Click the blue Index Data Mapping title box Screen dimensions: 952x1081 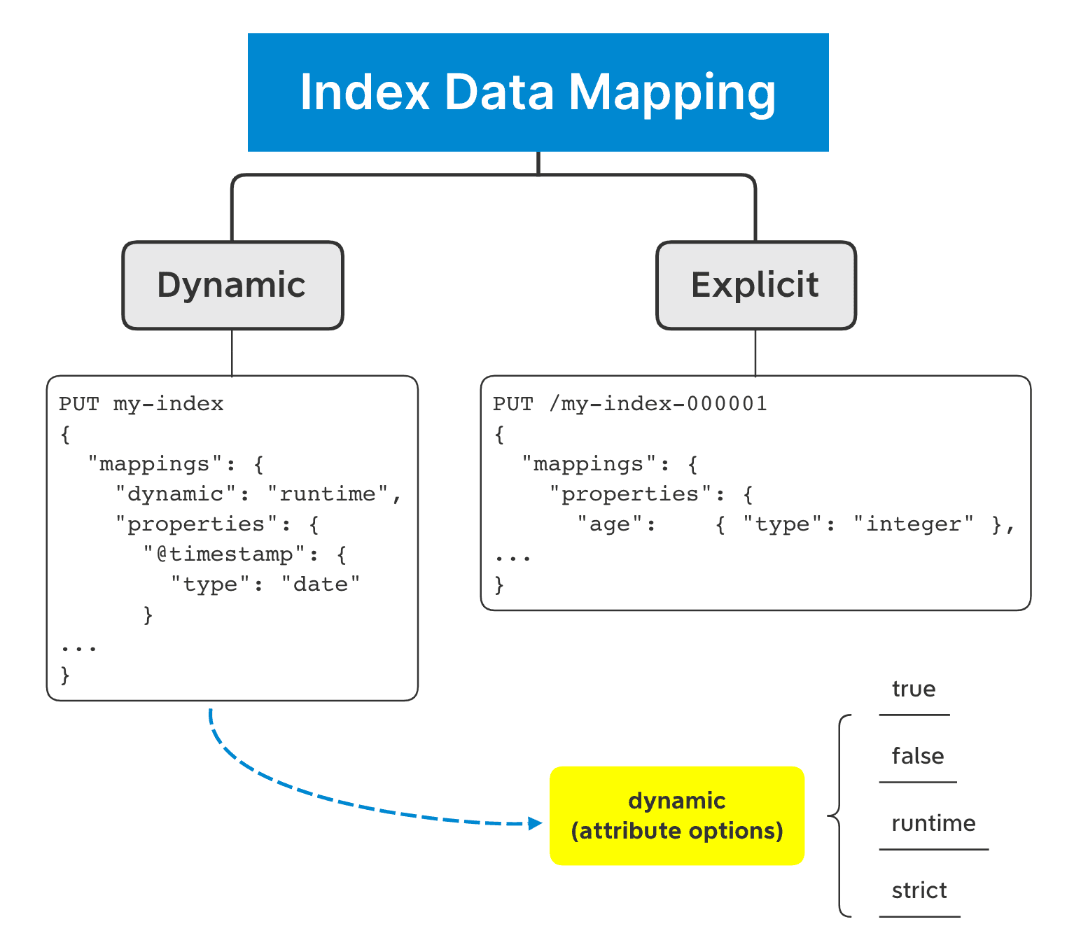point(538,92)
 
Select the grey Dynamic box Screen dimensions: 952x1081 point(232,286)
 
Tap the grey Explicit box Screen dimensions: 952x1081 point(755,286)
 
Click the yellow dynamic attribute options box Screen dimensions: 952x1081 point(677,815)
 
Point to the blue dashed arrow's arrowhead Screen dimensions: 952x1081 point(536,823)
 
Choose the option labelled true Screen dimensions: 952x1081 point(914,689)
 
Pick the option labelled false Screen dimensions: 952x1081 point(917,757)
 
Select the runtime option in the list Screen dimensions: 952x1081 point(933,824)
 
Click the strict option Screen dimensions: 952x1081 point(919,891)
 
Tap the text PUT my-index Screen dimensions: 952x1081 point(141,405)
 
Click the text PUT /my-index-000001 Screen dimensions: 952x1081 point(629,405)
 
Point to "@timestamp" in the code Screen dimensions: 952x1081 point(225,554)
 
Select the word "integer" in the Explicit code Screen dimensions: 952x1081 point(914,524)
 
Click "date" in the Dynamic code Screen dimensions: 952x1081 point(321,584)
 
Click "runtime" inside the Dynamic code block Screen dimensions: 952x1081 point(328,494)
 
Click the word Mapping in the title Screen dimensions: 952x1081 point(671,92)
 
